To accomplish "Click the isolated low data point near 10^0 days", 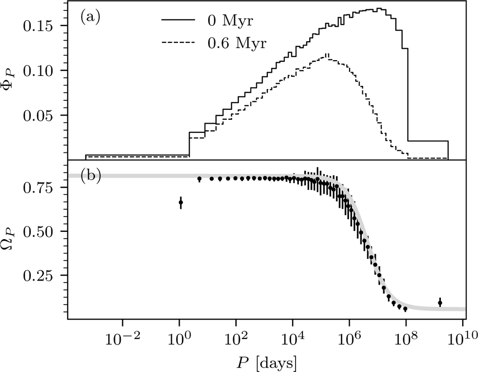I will pyautogui.click(x=180, y=203).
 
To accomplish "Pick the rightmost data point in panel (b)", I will pyautogui.click(x=440, y=303).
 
